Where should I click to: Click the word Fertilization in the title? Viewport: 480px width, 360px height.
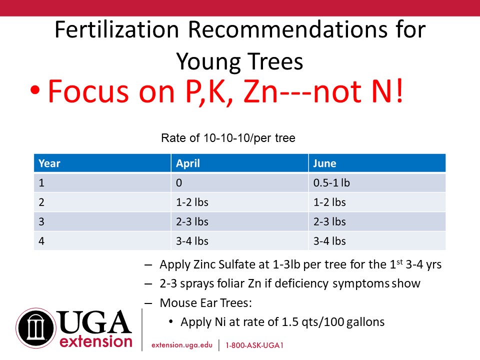pos(116,29)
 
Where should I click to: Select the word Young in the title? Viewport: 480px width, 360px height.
pos(209,62)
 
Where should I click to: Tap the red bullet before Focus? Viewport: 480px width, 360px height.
pos(35,90)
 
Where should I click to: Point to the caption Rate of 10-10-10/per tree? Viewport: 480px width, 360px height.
pos(228,138)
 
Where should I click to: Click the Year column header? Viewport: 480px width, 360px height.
pos(49,163)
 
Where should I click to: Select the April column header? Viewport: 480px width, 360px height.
pos(187,163)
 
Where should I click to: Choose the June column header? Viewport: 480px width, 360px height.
pos(324,163)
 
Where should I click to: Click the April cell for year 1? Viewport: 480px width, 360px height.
pos(179,183)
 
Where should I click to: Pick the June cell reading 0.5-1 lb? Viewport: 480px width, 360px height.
pos(331,183)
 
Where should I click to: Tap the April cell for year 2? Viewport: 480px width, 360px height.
pos(192,202)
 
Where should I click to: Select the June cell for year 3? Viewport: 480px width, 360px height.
pos(329,221)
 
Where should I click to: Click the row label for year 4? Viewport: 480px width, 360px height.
pos(41,241)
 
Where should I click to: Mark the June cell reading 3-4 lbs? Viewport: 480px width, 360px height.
pos(329,241)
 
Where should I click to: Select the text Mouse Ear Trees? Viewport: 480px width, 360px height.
pos(205,303)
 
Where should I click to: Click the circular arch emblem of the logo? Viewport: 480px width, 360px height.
pos(36,328)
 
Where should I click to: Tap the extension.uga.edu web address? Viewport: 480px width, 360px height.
pos(182,345)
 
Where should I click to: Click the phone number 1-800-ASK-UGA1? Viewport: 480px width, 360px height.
pos(254,345)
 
